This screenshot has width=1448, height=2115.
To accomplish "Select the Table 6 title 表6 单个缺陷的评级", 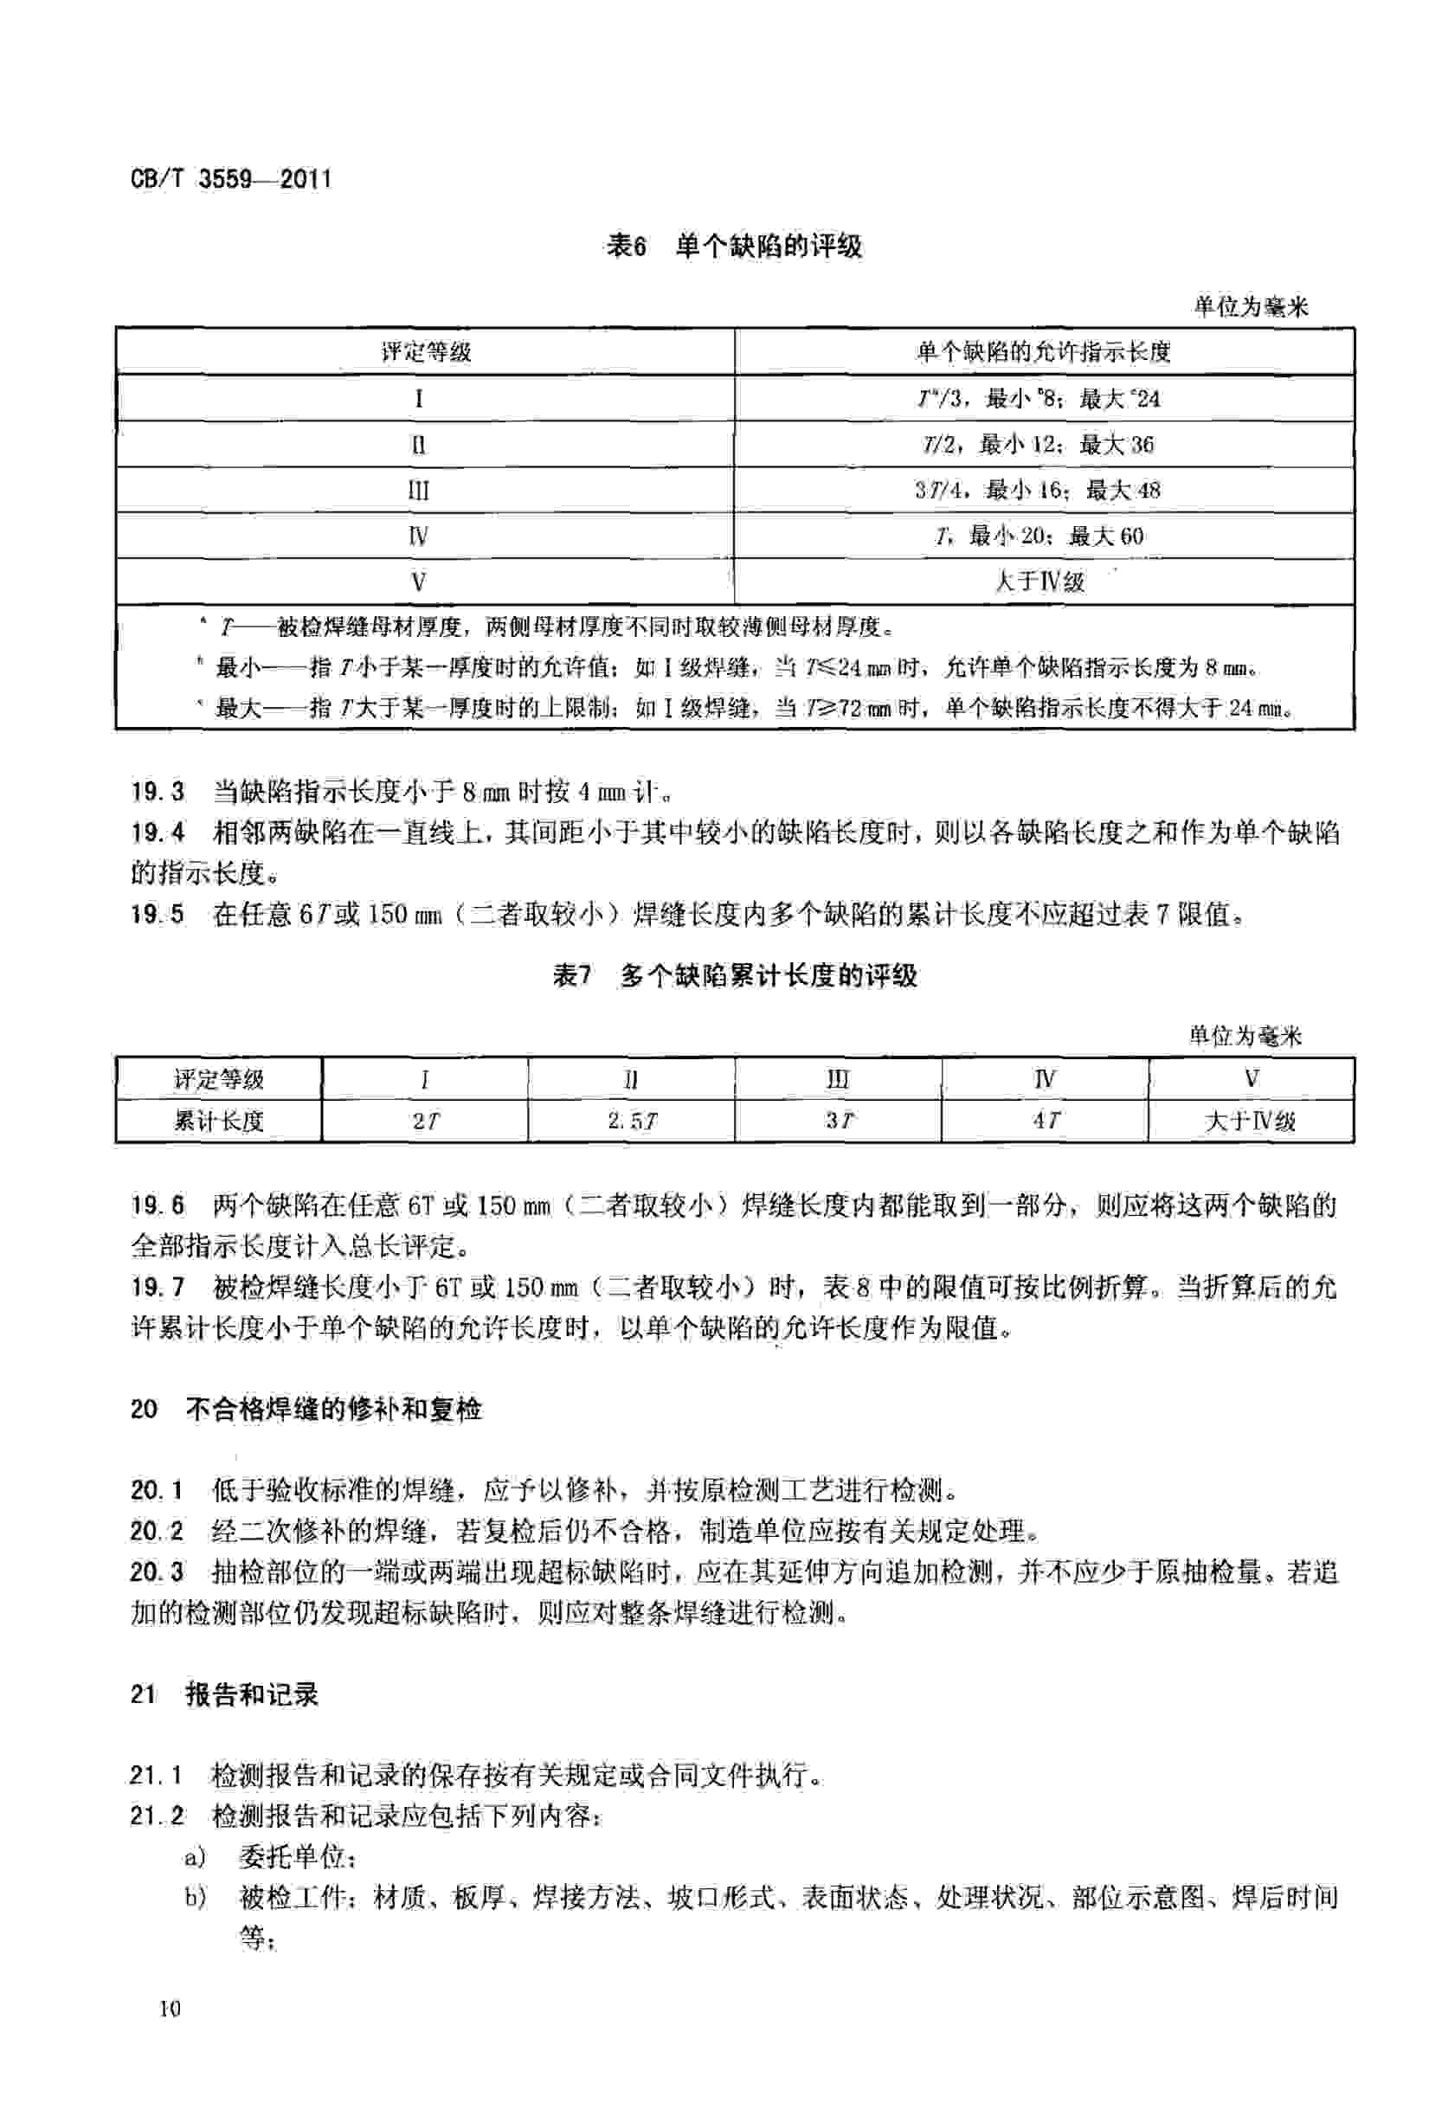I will (734, 246).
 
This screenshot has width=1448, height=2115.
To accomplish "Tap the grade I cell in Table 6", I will (419, 399).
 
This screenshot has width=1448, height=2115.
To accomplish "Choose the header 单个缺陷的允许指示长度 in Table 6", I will (1043, 352).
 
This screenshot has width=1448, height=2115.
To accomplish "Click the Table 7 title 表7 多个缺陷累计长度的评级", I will (736, 976).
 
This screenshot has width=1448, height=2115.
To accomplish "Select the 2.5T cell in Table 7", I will (631, 1122).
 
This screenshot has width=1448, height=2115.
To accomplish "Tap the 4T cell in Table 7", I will (1045, 1122).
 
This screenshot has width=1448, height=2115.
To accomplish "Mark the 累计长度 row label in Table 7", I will (218, 1122).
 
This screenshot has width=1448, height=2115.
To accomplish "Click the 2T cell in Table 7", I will (425, 1122).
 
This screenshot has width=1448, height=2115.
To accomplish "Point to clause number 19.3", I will (158, 792).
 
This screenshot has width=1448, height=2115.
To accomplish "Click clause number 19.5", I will (158, 914).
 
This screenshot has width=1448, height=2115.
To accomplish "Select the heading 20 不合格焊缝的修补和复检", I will (306, 1410).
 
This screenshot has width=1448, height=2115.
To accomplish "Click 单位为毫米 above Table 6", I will (1251, 306).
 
